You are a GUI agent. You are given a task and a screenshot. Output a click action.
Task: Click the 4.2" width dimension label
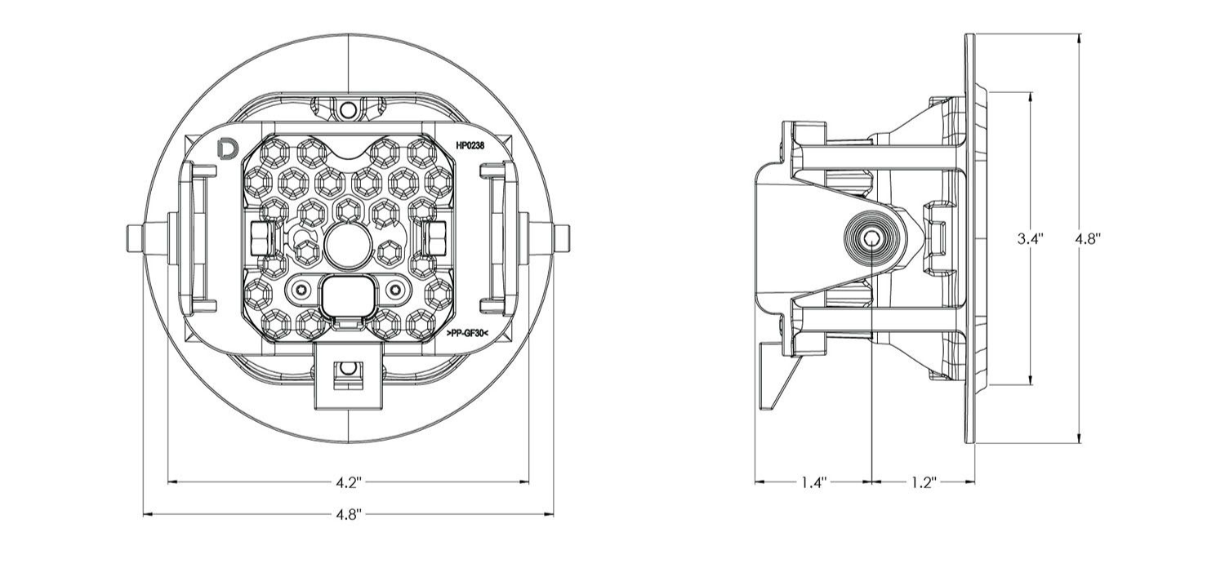pyautogui.click(x=348, y=482)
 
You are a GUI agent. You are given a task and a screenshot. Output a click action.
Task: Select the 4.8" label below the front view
pyautogui.click(x=348, y=515)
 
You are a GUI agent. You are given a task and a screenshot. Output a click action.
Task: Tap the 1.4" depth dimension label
pyautogui.click(x=813, y=482)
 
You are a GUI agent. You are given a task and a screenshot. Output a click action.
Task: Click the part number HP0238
pyautogui.click(x=471, y=144)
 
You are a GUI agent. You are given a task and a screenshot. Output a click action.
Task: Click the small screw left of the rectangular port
pyautogui.click(x=304, y=289)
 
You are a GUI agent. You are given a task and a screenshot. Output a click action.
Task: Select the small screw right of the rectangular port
pyautogui.click(x=395, y=289)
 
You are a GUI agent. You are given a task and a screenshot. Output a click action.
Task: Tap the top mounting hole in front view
pyautogui.click(x=348, y=109)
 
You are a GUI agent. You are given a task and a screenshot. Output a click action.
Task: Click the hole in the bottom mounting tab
pyautogui.click(x=348, y=369)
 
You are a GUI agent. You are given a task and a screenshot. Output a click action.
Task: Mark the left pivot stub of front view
pyautogui.click(x=136, y=237)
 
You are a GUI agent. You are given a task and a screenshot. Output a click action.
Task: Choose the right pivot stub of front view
pyautogui.click(x=562, y=237)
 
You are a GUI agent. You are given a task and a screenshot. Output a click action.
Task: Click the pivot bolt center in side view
pyautogui.click(x=873, y=238)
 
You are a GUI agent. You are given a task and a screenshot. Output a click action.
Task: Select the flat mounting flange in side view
pyautogui.click(x=969, y=238)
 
